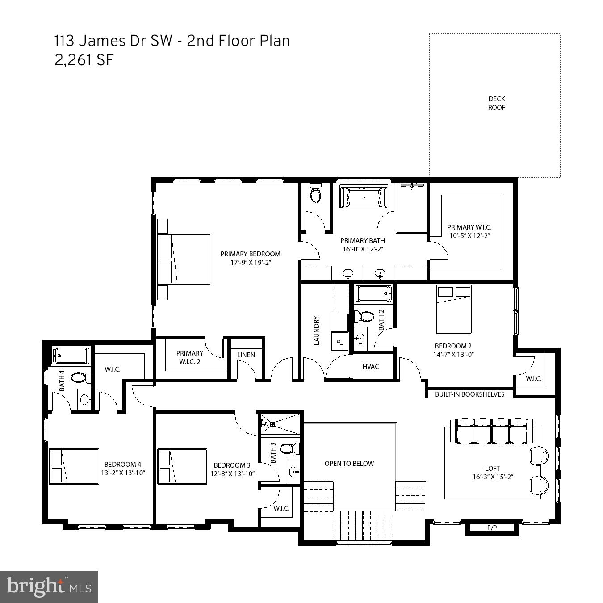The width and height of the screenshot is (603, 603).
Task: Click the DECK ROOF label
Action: coord(496,103)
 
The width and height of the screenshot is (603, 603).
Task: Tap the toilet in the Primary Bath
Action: coord(316,194)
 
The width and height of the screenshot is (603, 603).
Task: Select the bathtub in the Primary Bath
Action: coord(364,197)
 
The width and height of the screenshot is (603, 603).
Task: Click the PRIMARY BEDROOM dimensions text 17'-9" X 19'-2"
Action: coord(251,263)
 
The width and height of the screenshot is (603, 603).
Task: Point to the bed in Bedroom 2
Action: coord(454,309)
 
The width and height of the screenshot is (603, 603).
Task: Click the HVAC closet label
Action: coord(370,367)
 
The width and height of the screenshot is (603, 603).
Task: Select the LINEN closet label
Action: coord(246,355)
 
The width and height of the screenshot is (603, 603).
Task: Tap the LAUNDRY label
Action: coord(317,331)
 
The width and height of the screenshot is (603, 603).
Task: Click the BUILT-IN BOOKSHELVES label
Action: coord(469,394)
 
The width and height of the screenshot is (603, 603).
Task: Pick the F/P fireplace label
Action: coord(492,528)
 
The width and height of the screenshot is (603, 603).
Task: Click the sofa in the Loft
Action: coord(491,431)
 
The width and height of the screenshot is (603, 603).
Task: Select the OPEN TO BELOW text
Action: coord(349,464)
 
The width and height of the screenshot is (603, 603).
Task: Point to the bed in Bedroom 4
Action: coord(74,466)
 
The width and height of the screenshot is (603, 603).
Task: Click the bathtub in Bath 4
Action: coord(71,356)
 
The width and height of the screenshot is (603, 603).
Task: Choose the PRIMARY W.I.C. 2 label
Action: coord(189,357)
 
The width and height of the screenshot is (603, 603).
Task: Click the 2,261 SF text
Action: coord(84,60)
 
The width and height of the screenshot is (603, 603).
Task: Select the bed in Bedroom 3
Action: coord(182,466)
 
